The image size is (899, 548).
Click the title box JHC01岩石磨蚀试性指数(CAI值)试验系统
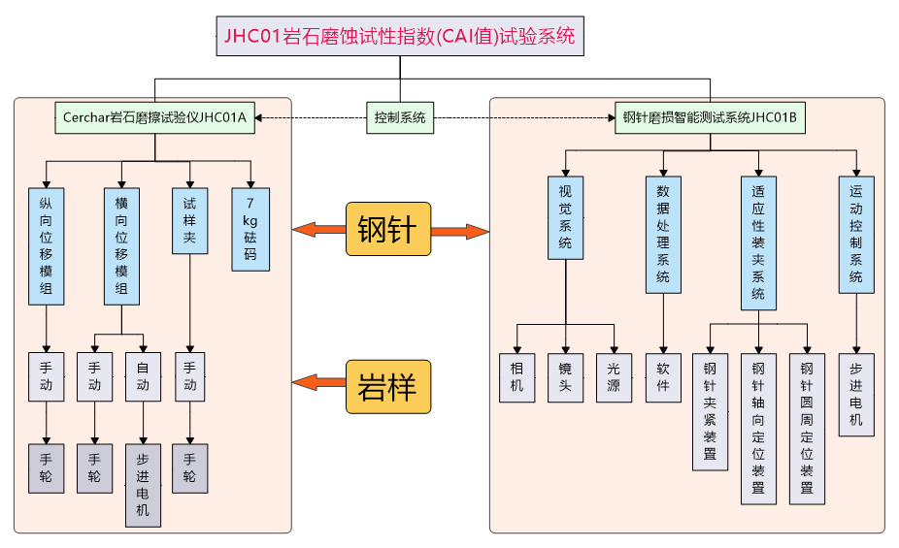pyautogui.click(x=399, y=37)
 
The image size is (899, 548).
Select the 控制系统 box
pyautogui.click(x=400, y=118)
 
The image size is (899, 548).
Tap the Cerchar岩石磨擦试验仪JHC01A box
pyautogui.click(x=154, y=118)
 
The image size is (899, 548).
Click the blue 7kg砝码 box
pyautogui.click(x=250, y=229)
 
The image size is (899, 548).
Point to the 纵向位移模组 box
pyautogui.click(x=46, y=246)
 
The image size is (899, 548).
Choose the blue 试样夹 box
pyautogui.click(x=189, y=220)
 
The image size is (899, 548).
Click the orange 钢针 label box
pyautogui.click(x=386, y=230)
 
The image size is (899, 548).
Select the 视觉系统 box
pyautogui.click(x=565, y=216)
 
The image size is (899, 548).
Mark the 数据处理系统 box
pyautogui.click(x=663, y=234)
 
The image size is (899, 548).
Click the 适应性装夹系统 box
pyautogui.click(x=758, y=242)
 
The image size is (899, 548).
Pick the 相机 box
pyautogui.click(x=516, y=376)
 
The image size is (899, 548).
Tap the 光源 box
pyautogui.click(x=614, y=376)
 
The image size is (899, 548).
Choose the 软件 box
pyautogui.click(x=663, y=376)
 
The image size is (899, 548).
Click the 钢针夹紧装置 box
pyautogui.click(x=710, y=412)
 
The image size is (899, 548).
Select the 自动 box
pyautogui.click(x=143, y=375)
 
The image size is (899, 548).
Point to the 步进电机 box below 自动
pyautogui.click(x=143, y=485)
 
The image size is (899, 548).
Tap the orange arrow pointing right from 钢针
pyautogui.click(x=459, y=231)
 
